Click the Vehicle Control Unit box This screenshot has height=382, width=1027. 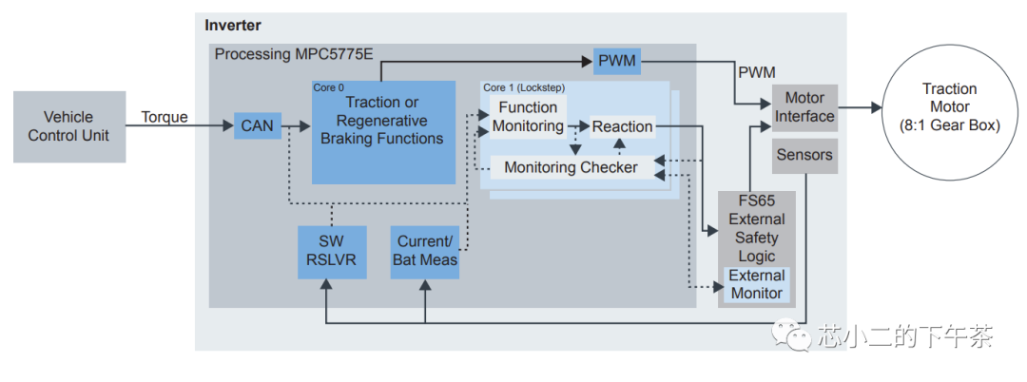coord(69,126)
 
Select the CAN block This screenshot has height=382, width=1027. coord(258,125)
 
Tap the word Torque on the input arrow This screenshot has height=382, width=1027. coord(165,117)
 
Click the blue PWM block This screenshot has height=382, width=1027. coord(617,63)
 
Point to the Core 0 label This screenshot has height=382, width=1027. coord(329,87)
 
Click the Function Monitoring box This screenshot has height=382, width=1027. coord(528,117)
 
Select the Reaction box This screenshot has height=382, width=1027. coord(622,126)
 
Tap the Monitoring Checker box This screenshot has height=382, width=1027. coord(571,167)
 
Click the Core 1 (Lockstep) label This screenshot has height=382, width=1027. coord(522,87)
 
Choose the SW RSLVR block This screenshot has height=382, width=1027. coord(325,251)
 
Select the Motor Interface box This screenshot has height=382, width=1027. coord(804,107)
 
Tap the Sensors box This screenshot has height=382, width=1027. coord(804,155)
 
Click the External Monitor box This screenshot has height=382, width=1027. coord(756,284)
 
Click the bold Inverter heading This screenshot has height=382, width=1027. coord(233,26)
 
